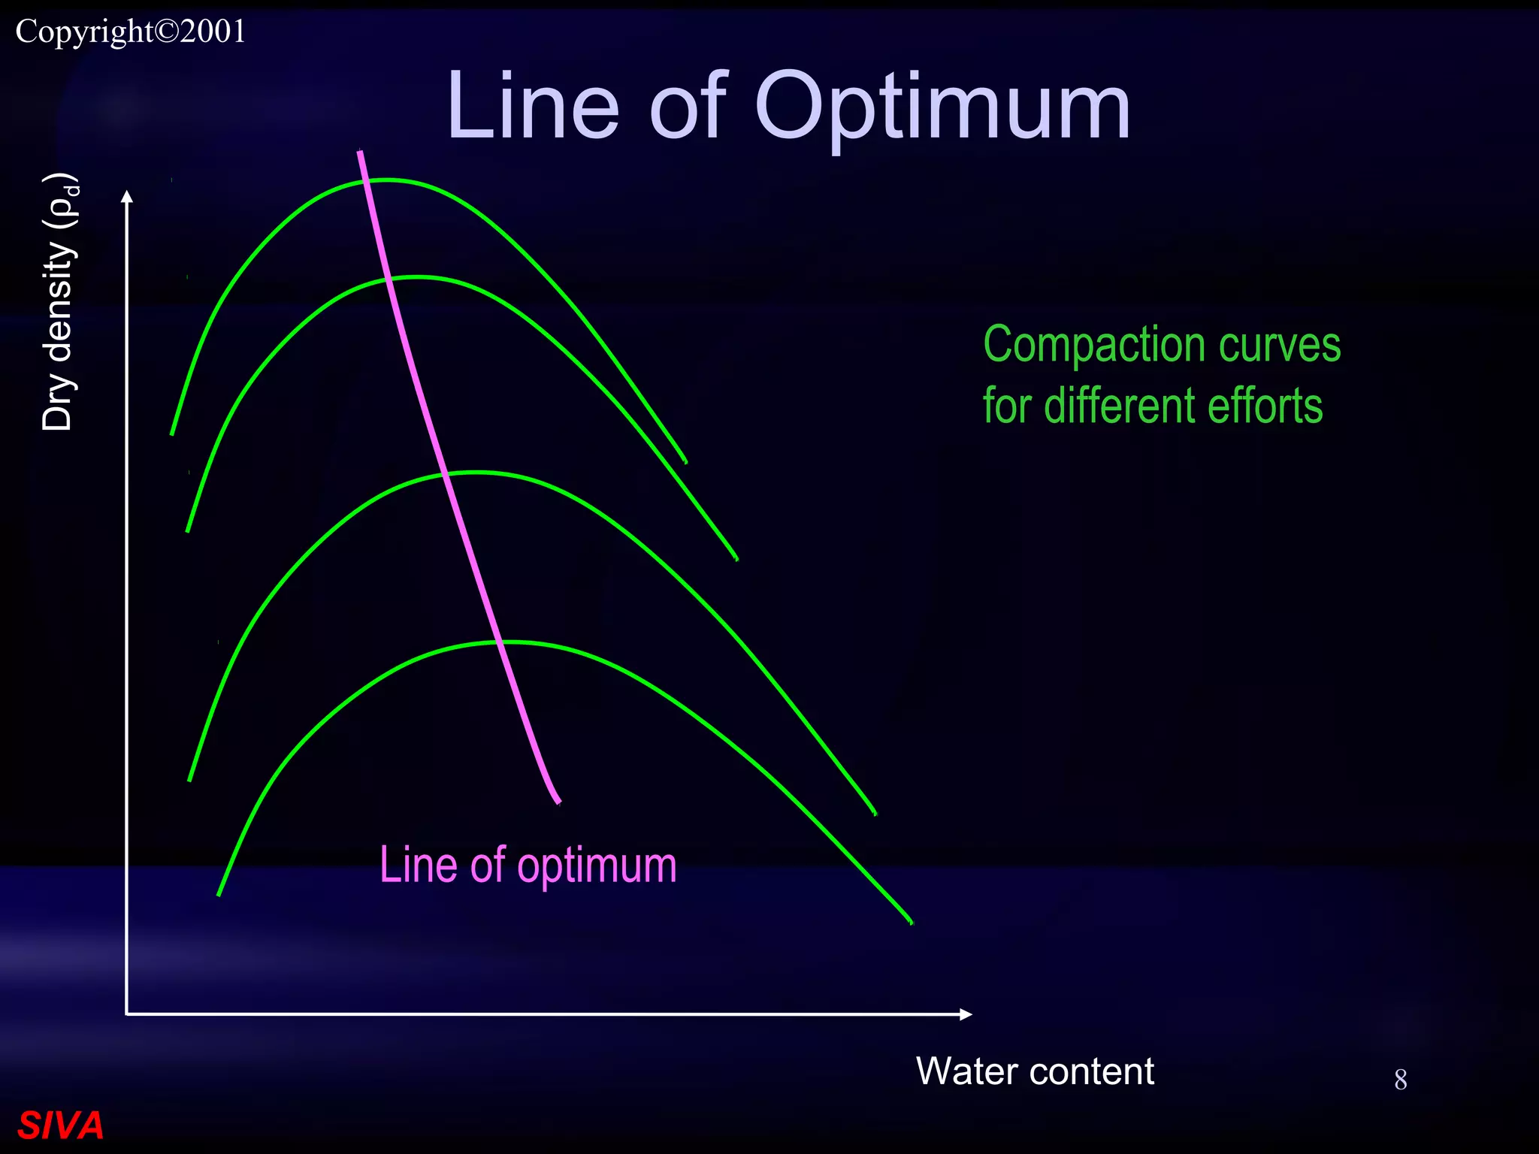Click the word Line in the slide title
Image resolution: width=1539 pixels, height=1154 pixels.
[x=533, y=107]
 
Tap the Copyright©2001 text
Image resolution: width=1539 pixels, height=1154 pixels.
[x=131, y=32]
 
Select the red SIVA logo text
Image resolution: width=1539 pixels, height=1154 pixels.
[x=60, y=1125]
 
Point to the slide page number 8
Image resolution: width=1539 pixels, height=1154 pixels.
[x=1400, y=1080]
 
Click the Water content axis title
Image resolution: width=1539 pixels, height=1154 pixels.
[x=1035, y=1071]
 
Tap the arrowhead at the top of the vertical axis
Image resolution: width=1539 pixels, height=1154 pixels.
[x=127, y=197]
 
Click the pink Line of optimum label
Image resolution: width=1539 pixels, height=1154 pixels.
[x=528, y=865]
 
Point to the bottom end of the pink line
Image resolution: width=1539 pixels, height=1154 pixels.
[x=559, y=802]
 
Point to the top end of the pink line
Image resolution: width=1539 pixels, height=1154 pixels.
[x=360, y=152]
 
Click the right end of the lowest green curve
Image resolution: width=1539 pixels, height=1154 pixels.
[x=911, y=922]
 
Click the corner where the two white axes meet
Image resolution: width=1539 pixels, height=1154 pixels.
[x=127, y=1014]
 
